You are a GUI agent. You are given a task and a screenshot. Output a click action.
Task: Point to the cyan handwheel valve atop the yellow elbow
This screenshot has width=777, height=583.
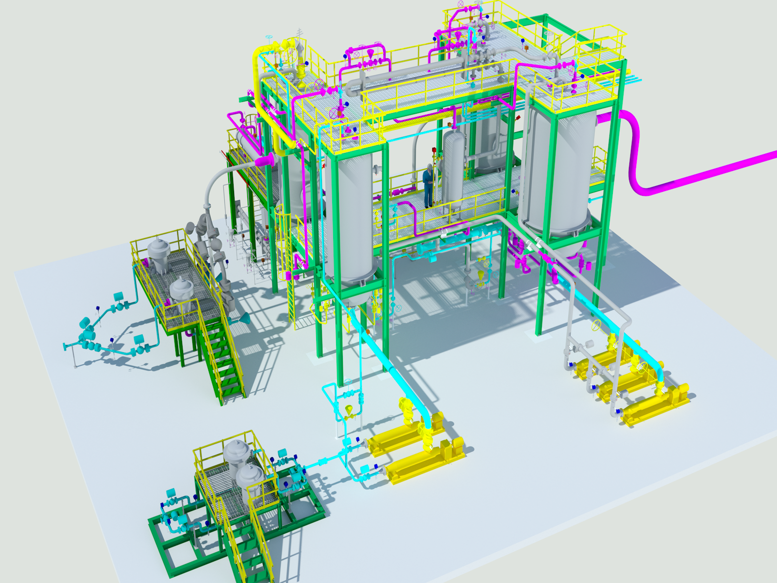tap(270, 39)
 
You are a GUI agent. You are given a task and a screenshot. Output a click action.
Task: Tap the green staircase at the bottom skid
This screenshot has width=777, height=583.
tap(248, 549)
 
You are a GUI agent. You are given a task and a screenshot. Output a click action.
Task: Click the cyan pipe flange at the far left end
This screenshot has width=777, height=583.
tap(65, 346)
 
